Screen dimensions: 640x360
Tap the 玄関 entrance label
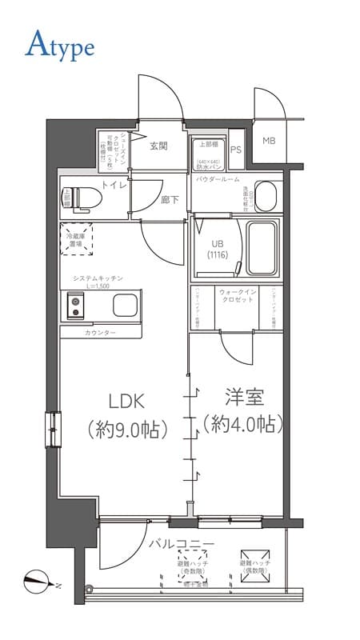[158, 146]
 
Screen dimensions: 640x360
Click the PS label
[236, 150]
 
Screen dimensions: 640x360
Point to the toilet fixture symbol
[73, 196]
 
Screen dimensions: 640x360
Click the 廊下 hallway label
[169, 200]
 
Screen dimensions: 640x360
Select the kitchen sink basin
[126, 305]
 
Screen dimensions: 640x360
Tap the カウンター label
[100, 332]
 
